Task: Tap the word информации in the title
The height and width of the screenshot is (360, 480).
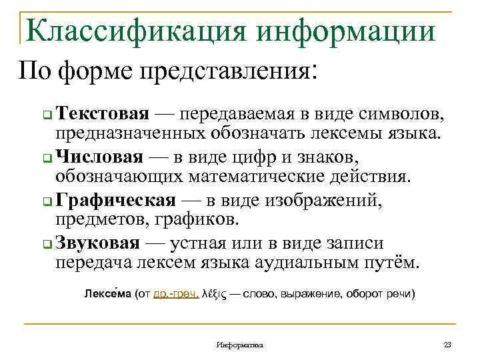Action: [345, 30]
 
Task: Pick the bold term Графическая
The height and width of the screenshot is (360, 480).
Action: [116, 200]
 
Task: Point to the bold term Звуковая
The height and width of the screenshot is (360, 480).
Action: [99, 243]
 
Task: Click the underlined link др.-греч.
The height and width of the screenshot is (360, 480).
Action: [176, 293]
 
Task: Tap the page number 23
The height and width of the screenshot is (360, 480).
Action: [447, 345]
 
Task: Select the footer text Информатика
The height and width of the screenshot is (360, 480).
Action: [240, 345]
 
